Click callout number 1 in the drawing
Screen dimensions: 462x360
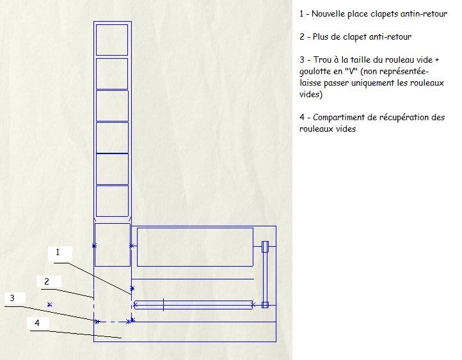(58, 253)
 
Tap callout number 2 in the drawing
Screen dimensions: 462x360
(47, 282)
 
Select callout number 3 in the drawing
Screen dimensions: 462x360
(12, 298)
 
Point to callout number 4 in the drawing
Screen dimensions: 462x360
(37, 323)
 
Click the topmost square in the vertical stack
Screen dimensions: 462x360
(112, 40)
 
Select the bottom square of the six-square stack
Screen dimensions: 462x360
(112, 201)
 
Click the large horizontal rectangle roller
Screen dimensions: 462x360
(195, 247)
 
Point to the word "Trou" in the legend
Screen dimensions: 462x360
(323, 59)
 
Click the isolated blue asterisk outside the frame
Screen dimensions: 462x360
(49, 304)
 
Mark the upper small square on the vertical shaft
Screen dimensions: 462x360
(265, 247)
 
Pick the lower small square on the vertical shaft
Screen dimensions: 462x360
(265, 305)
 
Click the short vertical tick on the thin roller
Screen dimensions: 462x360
(164, 304)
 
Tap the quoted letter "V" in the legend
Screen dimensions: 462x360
(351, 71)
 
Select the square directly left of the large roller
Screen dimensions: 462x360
(112, 245)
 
